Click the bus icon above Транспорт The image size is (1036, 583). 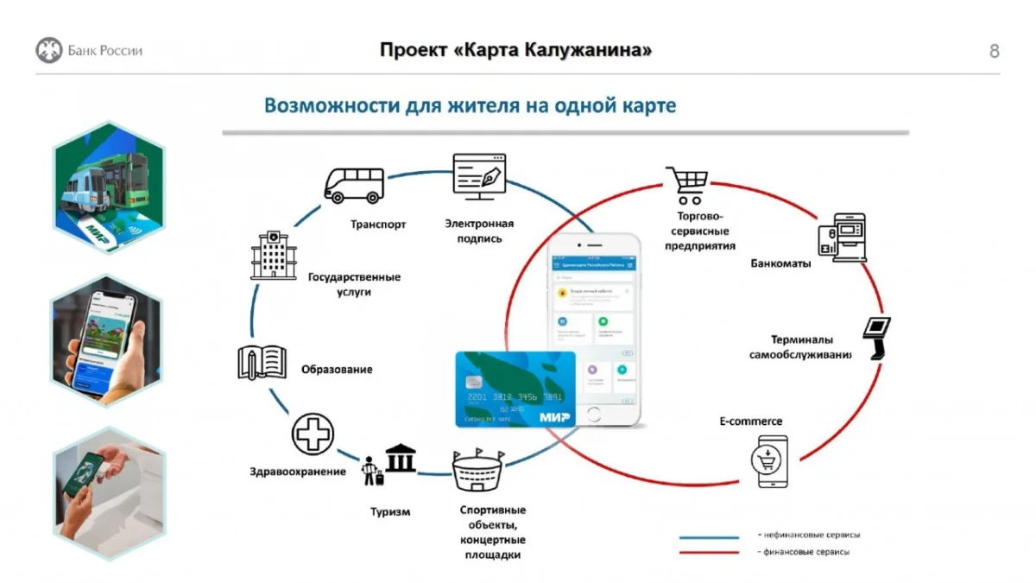354,184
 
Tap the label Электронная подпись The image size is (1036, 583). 479,231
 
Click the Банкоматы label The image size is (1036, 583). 780,264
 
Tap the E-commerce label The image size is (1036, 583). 751,421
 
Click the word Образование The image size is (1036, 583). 337,370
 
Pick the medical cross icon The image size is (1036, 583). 313,434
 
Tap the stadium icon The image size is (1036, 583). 477,471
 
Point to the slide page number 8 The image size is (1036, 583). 994,51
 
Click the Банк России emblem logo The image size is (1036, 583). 49,50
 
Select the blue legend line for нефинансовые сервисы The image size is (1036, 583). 709,536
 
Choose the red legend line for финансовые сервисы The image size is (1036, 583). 709,553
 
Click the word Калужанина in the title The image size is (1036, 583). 587,50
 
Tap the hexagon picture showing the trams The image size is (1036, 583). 108,187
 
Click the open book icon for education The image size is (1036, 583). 262,363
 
